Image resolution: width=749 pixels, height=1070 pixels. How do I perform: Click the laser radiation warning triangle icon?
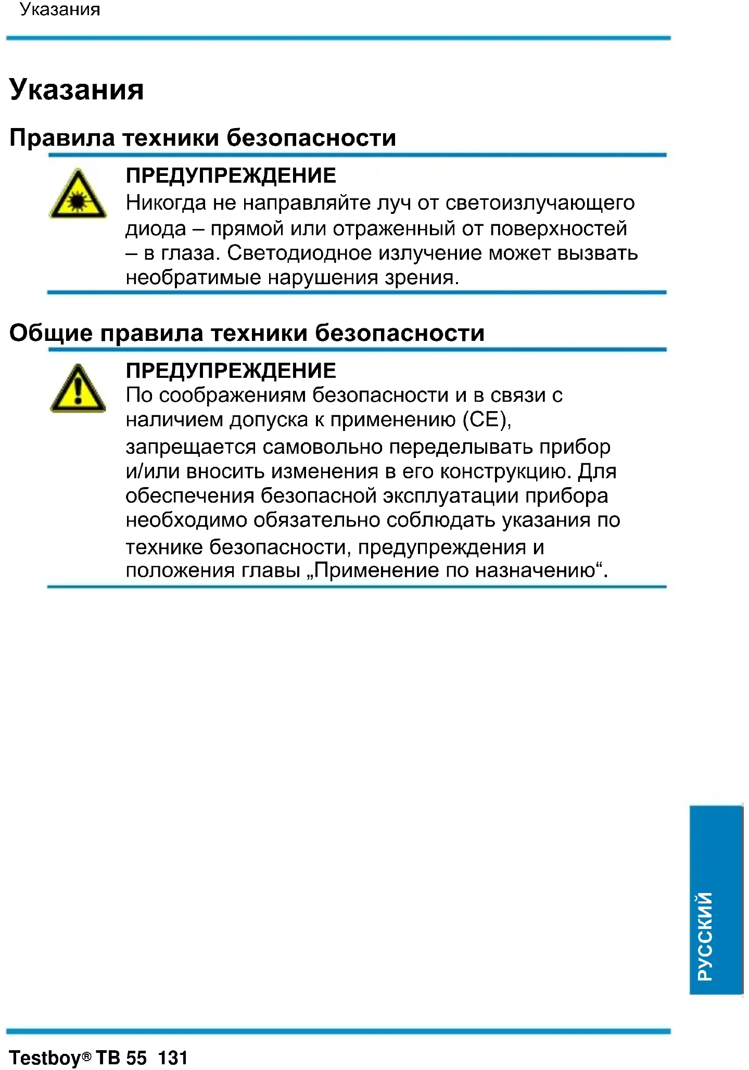pos(78,195)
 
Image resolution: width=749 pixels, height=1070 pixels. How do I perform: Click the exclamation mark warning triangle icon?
pos(78,389)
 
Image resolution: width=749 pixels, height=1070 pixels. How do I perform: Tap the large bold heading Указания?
pos(77,90)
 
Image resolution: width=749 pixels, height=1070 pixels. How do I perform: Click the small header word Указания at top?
pos(60,9)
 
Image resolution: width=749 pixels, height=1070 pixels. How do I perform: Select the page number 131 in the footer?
pos(172,1058)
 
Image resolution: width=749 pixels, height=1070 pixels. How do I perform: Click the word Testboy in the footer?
pos(46,1058)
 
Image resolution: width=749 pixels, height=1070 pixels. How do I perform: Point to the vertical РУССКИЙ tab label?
pos(705,936)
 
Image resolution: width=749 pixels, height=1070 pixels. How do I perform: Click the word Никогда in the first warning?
pos(166,202)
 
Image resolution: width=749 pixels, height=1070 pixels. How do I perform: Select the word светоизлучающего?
pos(540,202)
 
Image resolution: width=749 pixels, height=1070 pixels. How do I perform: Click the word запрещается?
pos(191,447)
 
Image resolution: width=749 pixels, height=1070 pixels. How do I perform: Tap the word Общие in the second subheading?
pos(50,333)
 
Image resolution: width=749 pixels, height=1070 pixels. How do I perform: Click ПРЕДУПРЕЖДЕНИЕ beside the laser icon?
pos(231,175)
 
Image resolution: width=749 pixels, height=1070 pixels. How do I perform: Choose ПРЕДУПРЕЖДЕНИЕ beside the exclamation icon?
pos(231,370)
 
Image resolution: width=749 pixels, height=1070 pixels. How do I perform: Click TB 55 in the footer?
pos(121,1058)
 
